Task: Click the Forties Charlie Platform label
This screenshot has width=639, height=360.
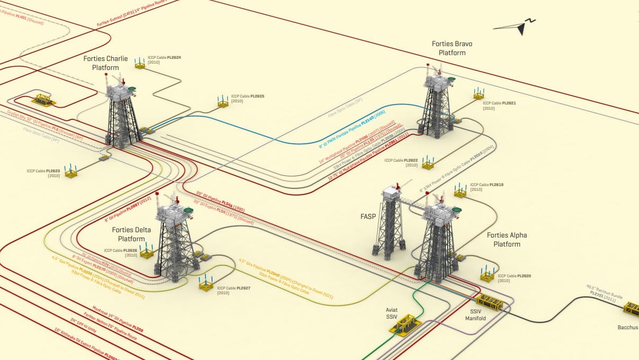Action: [x=105, y=63]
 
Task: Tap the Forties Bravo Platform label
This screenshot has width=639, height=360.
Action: [x=452, y=48]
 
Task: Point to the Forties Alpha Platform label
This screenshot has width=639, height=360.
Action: [x=507, y=240]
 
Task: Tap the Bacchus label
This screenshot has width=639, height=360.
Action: [x=628, y=327]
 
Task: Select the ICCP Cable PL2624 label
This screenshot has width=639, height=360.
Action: [x=165, y=59]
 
